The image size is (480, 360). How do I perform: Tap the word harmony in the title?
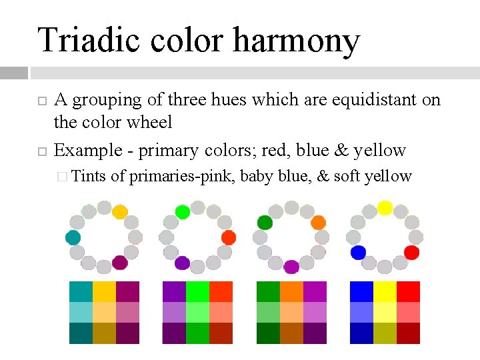click(296, 41)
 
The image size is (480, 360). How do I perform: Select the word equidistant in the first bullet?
click(366, 100)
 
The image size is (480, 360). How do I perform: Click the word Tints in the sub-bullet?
click(89, 176)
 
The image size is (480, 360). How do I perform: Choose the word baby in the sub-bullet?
click(255, 176)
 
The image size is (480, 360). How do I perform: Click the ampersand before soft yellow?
click(323, 176)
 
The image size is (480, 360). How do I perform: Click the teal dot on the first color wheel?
click(73, 238)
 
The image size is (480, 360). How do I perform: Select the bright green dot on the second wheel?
click(182, 212)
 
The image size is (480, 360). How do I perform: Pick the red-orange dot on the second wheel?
click(229, 237)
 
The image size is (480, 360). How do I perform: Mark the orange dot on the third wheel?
click(318, 222)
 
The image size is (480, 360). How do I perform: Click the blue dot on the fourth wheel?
click(358, 253)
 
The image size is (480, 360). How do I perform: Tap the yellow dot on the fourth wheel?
click(385, 207)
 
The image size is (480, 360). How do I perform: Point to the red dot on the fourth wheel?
click(411, 253)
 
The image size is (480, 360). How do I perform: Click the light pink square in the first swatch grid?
click(127, 313)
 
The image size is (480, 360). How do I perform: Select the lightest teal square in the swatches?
click(81, 313)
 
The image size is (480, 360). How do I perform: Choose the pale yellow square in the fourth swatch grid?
click(385, 313)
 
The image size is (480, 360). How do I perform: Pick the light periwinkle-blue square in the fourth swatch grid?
click(361, 313)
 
